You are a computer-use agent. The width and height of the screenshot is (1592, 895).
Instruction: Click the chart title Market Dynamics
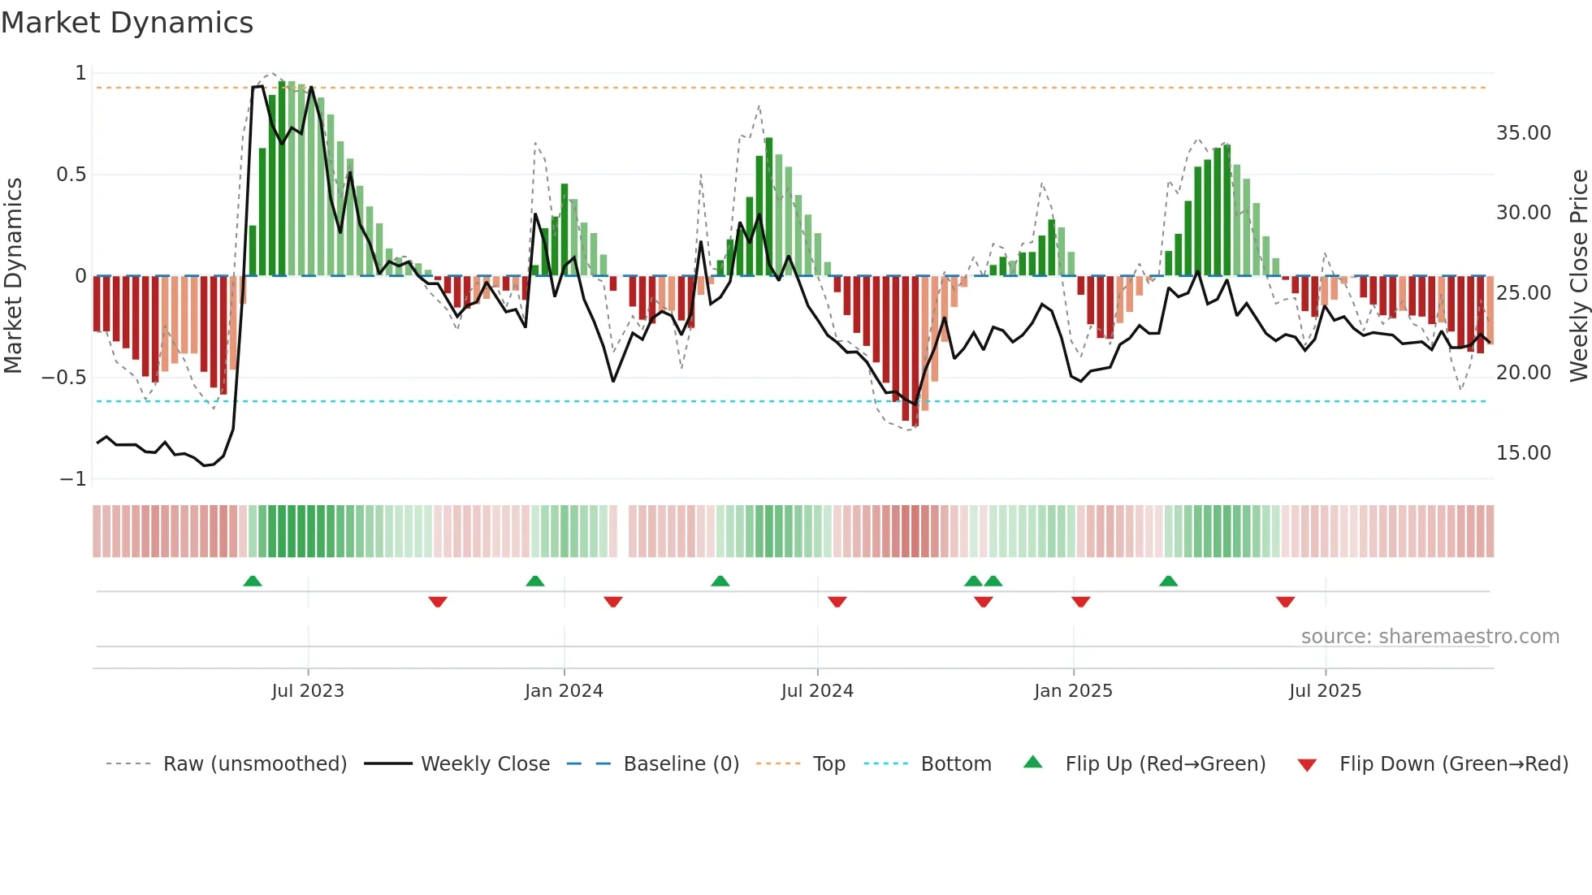[127, 23]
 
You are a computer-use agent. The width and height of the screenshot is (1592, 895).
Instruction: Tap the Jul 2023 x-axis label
[308, 691]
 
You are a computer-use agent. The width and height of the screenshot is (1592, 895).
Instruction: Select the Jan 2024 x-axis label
[564, 691]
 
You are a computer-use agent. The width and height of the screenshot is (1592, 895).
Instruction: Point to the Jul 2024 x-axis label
[817, 691]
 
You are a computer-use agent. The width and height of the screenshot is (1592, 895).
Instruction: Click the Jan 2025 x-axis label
[1073, 691]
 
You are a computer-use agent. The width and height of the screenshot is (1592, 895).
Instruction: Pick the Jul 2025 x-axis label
[1325, 691]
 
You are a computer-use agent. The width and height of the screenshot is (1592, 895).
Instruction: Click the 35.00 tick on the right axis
[1523, 133]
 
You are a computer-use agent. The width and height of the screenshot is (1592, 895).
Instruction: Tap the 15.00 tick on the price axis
[1523, 453]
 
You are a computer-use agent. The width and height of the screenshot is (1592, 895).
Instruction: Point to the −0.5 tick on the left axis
[63, 378]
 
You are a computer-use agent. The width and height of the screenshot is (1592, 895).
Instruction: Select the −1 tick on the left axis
[72, 479]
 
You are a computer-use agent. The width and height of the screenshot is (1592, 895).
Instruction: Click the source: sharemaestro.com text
[1430, 637]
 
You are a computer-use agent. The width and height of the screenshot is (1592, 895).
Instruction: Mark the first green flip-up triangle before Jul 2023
[253, 582]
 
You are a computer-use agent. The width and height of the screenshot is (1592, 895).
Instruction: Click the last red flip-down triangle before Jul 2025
[1285, 602]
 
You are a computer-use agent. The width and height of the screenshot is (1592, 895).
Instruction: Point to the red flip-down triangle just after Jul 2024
[837, 602]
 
